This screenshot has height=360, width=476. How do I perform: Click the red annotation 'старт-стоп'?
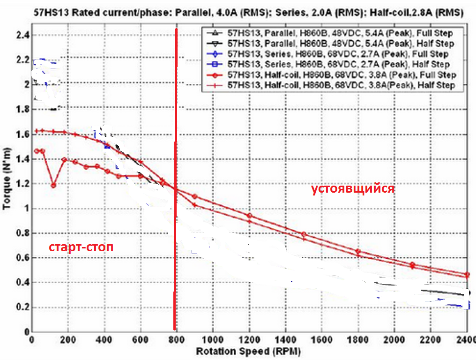pos(81,247)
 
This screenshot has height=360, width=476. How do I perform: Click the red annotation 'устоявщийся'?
pos(353,189)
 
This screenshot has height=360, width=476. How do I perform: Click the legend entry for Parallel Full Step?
pos(333,33)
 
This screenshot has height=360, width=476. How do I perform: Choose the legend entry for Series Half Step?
pos(333,64)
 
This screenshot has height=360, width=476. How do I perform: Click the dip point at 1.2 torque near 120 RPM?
pos(53,185)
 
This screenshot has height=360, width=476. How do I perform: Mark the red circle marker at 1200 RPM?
pos(250,216)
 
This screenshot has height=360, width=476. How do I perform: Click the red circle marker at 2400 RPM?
pos(467,275)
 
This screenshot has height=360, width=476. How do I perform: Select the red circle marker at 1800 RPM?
pos(358,251)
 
